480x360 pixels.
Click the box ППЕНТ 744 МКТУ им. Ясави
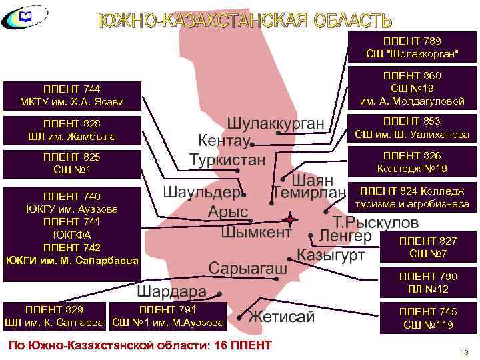pyautogui.click(x=73, y=96)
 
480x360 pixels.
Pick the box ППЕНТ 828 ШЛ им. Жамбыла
pyautogui.click(x=73, y=130)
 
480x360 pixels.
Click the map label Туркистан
pyautogui.click(x=227, y=161)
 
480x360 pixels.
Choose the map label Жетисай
pyautogui.click(x=281, y=317)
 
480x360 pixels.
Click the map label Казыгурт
pyautogui.click(x=331, y=254)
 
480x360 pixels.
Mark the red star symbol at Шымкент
pyautogui.click(x=290, y=219)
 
